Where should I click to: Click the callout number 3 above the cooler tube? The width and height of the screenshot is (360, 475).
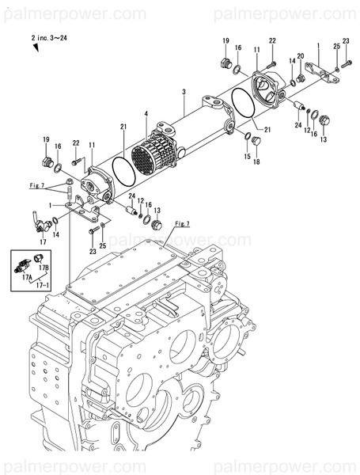183,93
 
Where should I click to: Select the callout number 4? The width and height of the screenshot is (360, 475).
146,115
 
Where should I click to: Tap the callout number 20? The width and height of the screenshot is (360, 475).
301,56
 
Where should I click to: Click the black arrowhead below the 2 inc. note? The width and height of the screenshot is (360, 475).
36,47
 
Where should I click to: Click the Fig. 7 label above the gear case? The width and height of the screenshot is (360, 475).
184,224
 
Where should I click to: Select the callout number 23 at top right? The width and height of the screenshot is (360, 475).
346,40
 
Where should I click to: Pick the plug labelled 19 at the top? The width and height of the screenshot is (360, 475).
223,63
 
